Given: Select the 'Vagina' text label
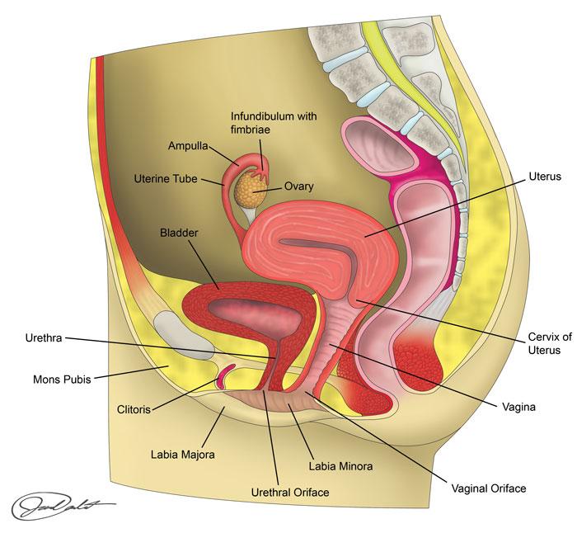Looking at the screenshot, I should point(520,406).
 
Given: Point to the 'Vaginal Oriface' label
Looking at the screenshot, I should point(487,488).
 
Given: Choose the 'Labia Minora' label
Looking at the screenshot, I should point(340,466).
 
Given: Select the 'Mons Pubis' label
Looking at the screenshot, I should point(62,380).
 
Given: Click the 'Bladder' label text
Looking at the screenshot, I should point(179,233).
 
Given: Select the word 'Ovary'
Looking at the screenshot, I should point(300,186).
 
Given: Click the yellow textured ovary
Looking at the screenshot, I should point(245,190).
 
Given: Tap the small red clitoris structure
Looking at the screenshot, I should point(222,380).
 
